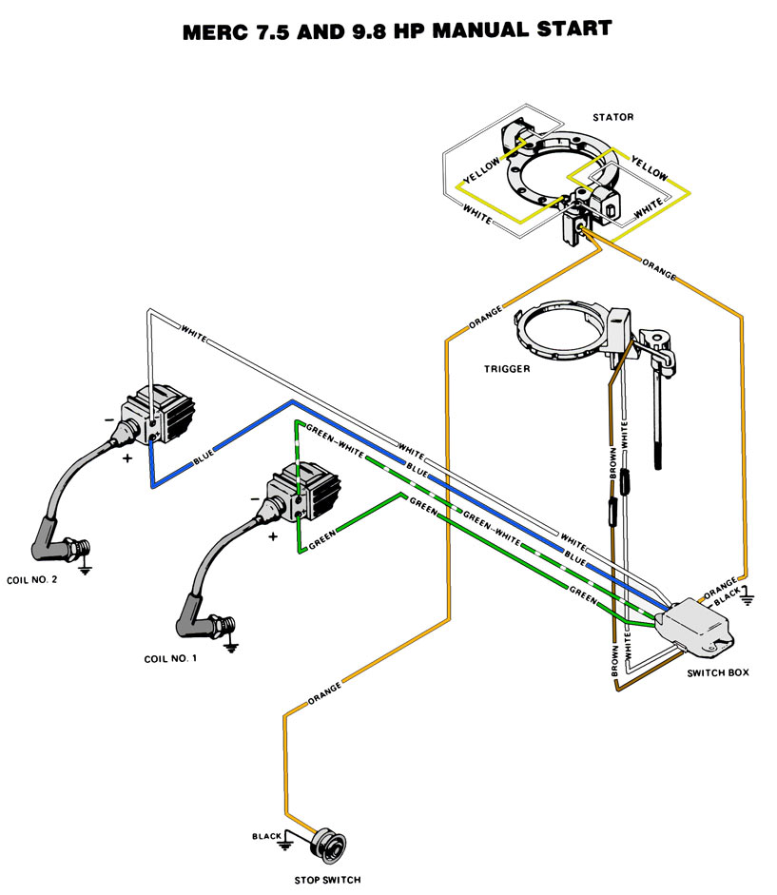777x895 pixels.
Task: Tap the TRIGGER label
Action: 505,369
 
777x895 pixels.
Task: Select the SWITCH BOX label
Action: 717,672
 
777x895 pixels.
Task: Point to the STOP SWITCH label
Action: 325,880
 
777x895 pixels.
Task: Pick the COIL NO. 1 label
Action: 171,658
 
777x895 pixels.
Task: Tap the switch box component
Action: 701,624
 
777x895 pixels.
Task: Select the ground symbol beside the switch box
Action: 748,597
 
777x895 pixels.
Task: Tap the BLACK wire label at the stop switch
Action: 264,836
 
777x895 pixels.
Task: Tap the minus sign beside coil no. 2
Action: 110,418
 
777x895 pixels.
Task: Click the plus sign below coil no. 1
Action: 273,536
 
